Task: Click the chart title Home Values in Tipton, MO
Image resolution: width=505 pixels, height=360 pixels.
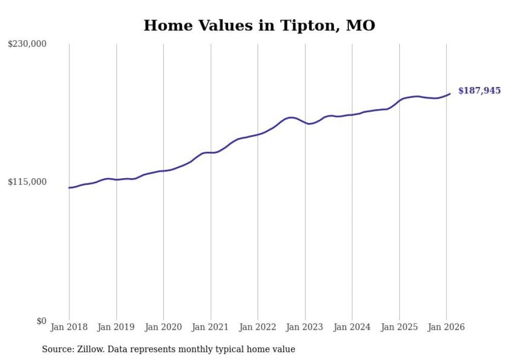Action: pyautogui.click(x=259, y=25)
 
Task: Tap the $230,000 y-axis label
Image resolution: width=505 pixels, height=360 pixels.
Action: pyautogui.click(x=27, y=44)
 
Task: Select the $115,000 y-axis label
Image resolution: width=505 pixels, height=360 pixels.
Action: pyautogui.click(x=27, y=182)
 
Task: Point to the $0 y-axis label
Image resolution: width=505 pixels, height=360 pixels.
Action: pyautogui.click(x=41, y=321)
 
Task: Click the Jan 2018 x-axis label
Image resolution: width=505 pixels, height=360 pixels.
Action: pyautogui.click(x=69, y=327)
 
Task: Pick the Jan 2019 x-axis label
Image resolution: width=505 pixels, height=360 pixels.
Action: pyautogui.click(x=116, y=327)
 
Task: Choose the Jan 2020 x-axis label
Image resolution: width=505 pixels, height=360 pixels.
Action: pyautogui.click(x=163, y=327)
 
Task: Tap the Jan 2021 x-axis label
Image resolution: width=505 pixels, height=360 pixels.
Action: pyautogui.click(x=210, y=327)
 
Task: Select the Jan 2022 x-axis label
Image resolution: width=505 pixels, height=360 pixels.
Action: pyautogui.click(x=258, y=327)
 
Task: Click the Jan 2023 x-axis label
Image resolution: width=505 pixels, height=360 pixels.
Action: pyautogui.click(x=305, y=327)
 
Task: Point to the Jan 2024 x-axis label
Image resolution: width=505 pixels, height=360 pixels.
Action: pyautogui.click(x=352, y=327)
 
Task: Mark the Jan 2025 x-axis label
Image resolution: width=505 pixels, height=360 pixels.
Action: pyautogui.click(x=399, y=327)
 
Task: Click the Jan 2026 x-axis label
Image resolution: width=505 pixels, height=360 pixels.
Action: pyautogui.click(x=446, y=327)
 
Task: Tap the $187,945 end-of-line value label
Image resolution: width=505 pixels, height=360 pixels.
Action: pyautogui.click(x=479, y=91)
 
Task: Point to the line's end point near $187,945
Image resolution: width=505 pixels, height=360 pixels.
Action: pyautogui.click(x=450, y=94)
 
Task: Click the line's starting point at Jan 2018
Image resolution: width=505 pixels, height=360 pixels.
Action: pyautogui.click(x=69, y=187)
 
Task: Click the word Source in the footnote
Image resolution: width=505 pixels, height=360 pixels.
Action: pyautogui.click(x=57, y=349)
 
